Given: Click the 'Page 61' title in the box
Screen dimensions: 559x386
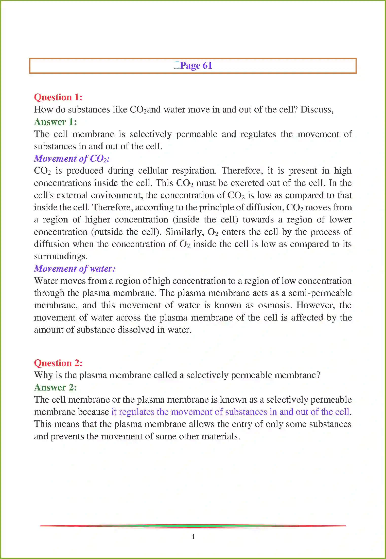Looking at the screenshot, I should coord(196,66).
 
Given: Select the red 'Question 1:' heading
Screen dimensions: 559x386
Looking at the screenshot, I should coord(58,97).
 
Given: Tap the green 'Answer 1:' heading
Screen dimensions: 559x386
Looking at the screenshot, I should coord(55,122).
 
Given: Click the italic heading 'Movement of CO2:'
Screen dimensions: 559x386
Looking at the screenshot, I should coord(72,159).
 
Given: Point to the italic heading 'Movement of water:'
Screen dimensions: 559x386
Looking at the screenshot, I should coord(75,269).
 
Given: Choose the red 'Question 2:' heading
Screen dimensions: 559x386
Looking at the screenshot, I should coord(58,363).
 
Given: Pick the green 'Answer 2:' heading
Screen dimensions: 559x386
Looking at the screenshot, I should coord(55,387).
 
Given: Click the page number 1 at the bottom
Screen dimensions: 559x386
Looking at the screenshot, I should coord(193,537).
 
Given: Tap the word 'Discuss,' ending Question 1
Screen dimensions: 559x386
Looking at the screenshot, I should coord(317,110).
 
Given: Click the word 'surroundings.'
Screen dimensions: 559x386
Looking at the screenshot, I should coord(61,256).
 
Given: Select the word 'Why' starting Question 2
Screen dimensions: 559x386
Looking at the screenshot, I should coord(43,375).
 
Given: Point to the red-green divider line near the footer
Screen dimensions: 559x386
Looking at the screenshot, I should coord(193,526).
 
